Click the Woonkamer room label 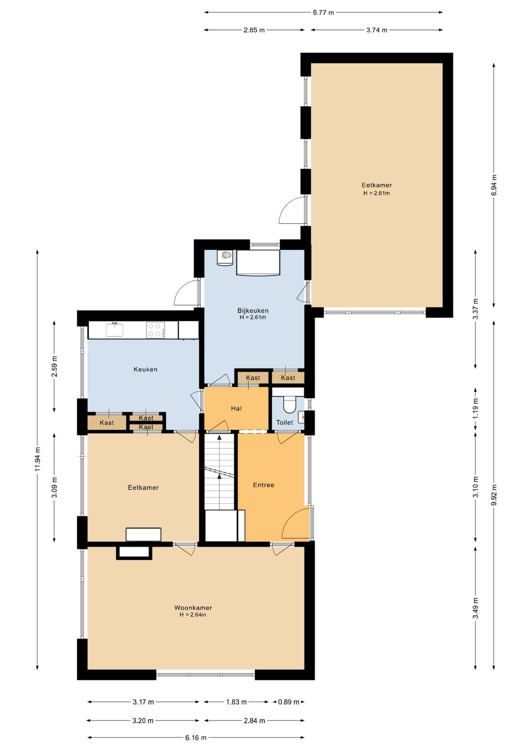(x=193, y=607)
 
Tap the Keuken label (x=146, y=369)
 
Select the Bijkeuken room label (x=253, y=311)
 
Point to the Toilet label (x=284, y=423)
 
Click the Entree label (x=264, y=485)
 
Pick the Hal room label (x=236, y=408)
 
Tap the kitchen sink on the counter (x=115, y=330)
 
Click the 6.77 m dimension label (x=324, y=13)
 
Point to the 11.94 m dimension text (x=37, y=459)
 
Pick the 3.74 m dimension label (x=377, y=30)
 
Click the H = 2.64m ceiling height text (x=193, y=615)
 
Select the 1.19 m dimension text (x=476, y=408)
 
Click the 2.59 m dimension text (x=54, y=366)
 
